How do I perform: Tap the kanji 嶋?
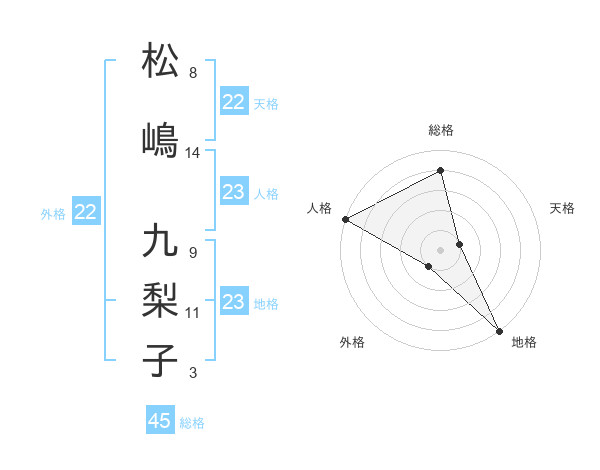[x=160, y=140]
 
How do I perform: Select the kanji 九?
[x=160, y=243]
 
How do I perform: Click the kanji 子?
[x=160, y=360]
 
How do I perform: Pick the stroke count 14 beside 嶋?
[x=193, y=153]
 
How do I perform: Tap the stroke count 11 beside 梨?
[x=193, y=313]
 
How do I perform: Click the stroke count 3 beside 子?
[x=193, y=374]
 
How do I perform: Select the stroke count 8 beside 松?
[x=193, y=73]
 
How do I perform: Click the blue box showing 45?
[x=160, y=421]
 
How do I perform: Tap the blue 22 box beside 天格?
[x=234, y=102]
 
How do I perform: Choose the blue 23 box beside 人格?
[x=234, y=192]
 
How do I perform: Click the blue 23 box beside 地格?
[x=234, y=302]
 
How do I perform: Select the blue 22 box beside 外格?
[x=85, y=212]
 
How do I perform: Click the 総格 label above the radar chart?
[x=441, y=130]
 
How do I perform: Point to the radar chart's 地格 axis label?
[x=524, y=343]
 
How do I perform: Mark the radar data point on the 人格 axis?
[x=345, y=219]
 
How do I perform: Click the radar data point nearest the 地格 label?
[x=499, y=329]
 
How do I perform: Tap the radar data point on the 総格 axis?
[x=441, y=171]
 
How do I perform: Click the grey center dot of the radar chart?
[x=441, y=248]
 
